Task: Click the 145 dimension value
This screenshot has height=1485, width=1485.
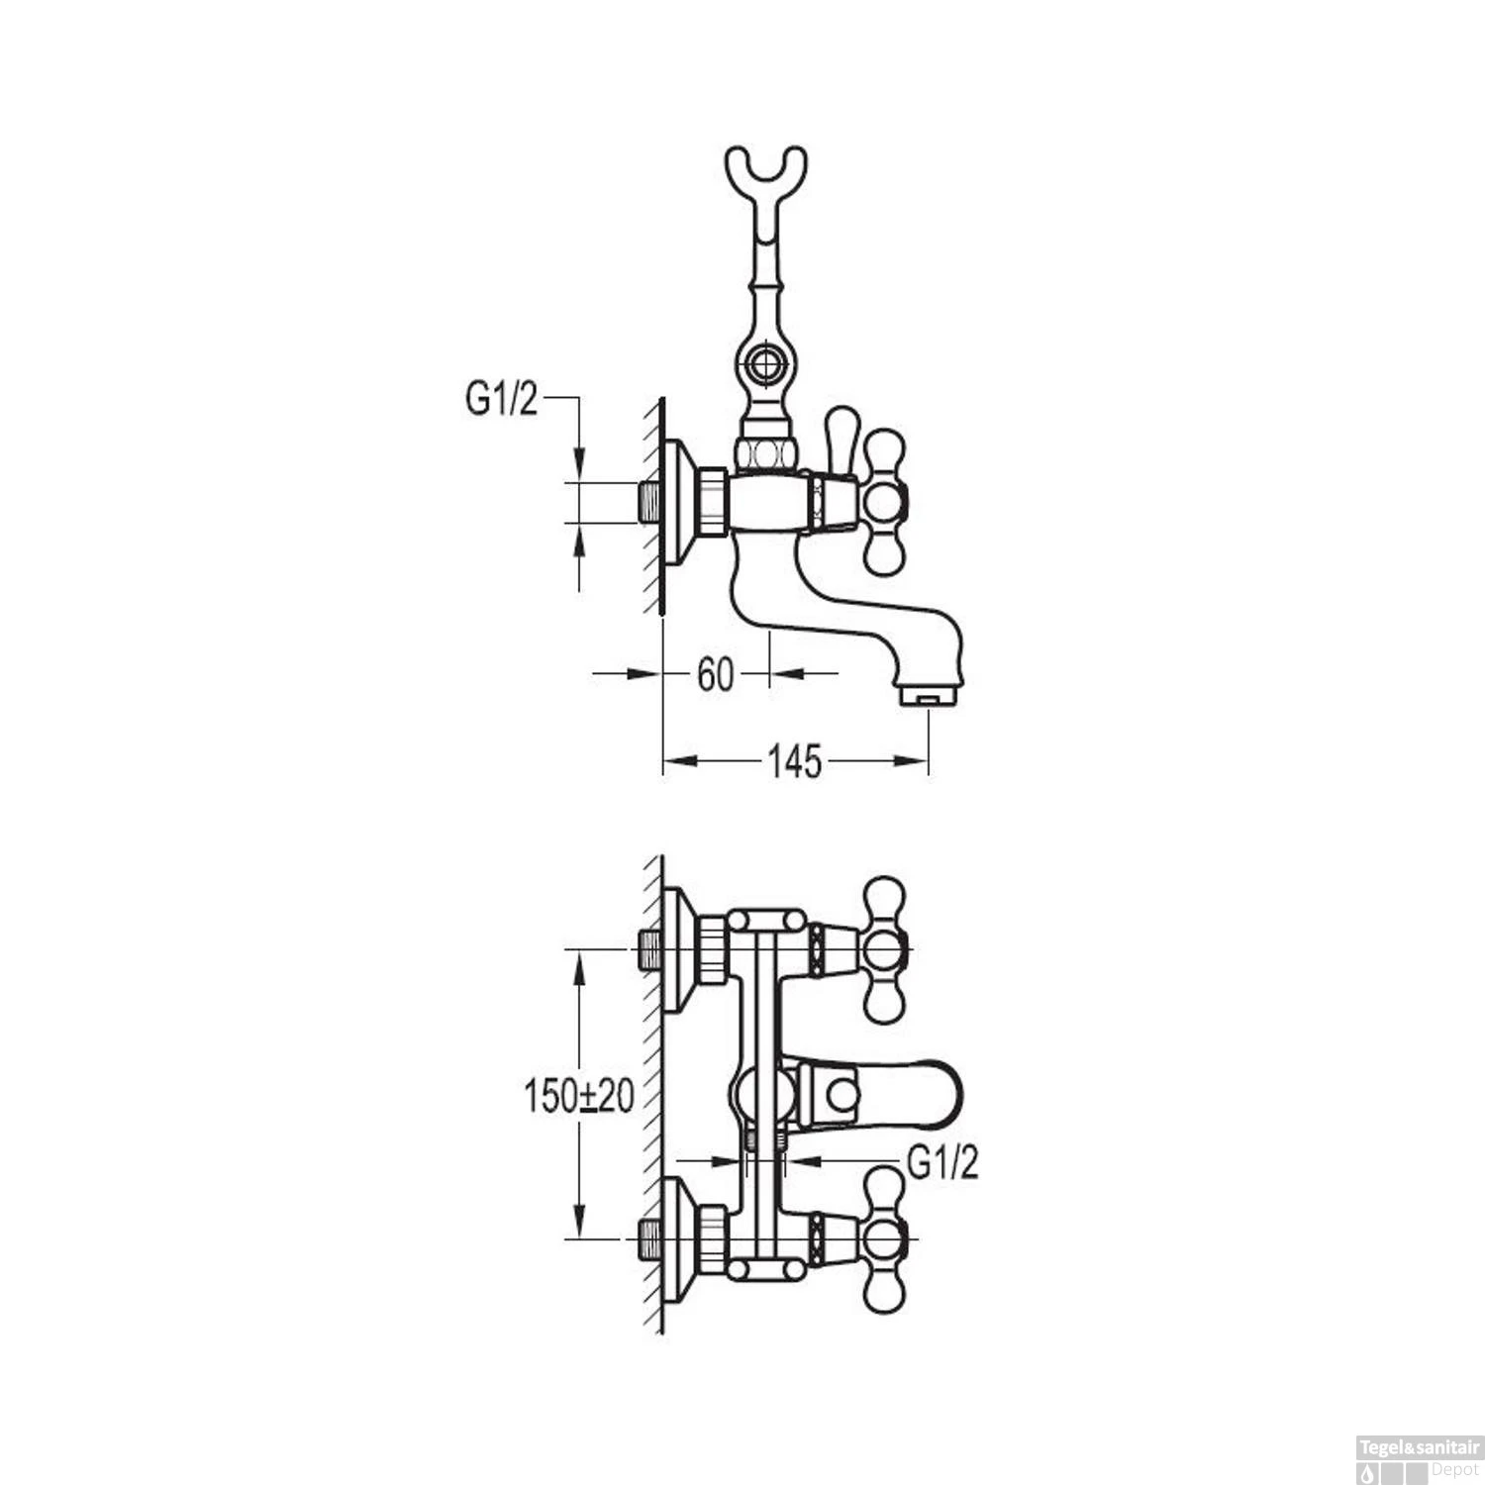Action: click(x=795, y=760)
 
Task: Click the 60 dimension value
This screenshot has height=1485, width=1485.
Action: click(x=715, y=674)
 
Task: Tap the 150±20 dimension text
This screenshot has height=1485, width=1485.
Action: click(x=579, y=1096)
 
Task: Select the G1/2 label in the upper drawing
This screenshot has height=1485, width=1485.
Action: click(x=501, y=399)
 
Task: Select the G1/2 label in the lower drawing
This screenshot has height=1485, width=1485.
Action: click(x=942, y=1162)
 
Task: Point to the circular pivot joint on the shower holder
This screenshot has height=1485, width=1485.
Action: click(x=765, y=364)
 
